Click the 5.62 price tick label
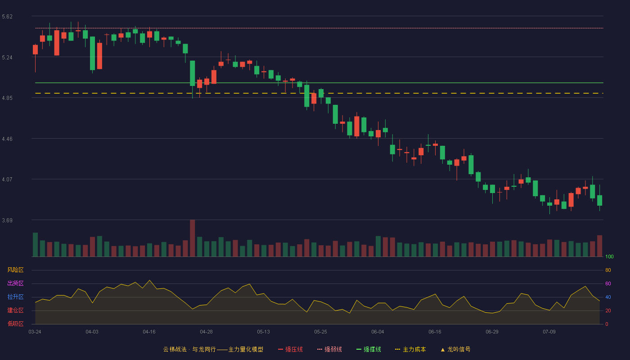(x=7, y=17)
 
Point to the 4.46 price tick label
(x=7, y=139)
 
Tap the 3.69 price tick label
(x=7, y=220)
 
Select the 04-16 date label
(x=149, y=332)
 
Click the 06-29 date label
(x=492, y=332)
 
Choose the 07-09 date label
(x=549, y=332)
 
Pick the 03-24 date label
(x=35, y=332)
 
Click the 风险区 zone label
(x=15, y=270)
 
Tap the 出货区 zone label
(x=15, y=283)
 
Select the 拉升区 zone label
(x=15, y=297)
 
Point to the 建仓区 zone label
(x=15, y=310)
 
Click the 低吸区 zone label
(x=15, y=324)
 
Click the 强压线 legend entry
(x=290, y=349)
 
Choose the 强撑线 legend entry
(x=369, y=349)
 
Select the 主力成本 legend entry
(x=410, y=349)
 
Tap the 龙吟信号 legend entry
(x=455, y=349)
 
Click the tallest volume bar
(x=193, y=238)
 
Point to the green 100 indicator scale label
(x=609, y=256)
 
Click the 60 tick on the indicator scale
(x=608, y=283)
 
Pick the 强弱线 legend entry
(x=329, y=349)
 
